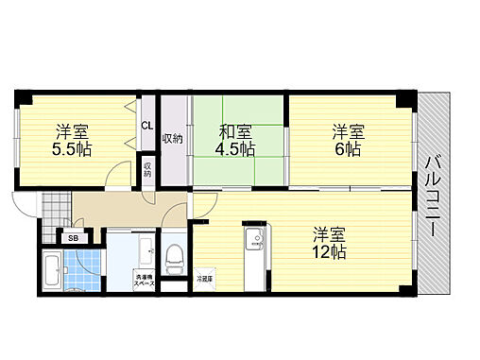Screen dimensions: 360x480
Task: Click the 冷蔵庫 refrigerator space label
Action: pyautogui.click(x=205, y=279)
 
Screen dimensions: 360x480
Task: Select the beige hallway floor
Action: pyautogui.click(x=123, y=209)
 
